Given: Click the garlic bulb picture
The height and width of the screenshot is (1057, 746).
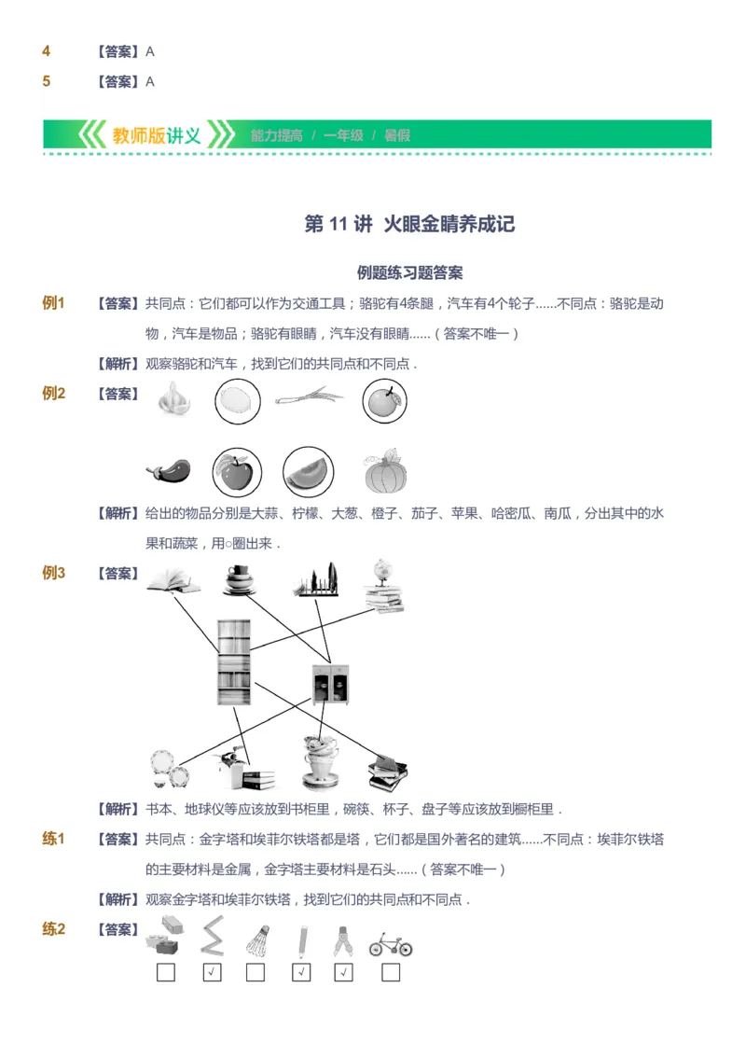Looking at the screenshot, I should pyautogui.click(x=174, y=399).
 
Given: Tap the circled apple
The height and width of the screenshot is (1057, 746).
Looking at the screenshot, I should pyautogui.click(x=237, y=472).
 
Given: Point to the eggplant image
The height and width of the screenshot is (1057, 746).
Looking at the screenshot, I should pyautogui.click(x=169, y=472).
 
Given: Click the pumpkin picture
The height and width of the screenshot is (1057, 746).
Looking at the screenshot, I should pyautogui.click(x=386, y=472).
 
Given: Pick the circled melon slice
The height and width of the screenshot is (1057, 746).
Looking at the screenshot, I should pyautogui.click(x=309, y=472).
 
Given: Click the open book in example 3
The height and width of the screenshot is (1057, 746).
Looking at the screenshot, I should pyautogui.click(x=172, y=581).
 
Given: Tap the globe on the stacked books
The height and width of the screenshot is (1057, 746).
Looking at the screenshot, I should pyautogui.click(x=382, y=571).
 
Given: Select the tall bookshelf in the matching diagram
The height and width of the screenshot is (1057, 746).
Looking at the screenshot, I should pyautogui.click(x=233, y=662).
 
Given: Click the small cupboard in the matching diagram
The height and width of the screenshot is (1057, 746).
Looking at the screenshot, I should pyautogui.click(x=330, y=683).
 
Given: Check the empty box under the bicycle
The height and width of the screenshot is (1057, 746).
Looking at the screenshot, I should pyautogui.click(x=391, y=973).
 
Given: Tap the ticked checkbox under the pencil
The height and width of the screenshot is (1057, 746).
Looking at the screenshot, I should pyautogui.click(x=301, y=973).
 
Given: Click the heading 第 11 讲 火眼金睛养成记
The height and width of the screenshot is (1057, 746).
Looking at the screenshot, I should pyautogui.click(x=409, y=224).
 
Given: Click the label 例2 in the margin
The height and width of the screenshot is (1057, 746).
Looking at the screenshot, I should pyautogui.click(x=53, y=394).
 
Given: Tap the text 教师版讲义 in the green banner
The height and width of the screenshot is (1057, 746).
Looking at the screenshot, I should pyautogui.click(x=157, y=135).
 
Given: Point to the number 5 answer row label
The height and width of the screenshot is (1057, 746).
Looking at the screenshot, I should pyautogui.click(x=47, y=81).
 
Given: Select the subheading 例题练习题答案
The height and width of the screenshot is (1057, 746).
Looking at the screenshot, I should pyautogui.click(x=409, y=273).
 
